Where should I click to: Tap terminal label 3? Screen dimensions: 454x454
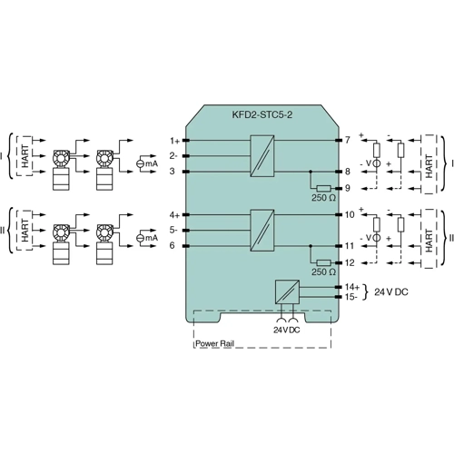(x=173, y=171)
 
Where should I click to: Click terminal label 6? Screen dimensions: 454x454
(x=173, y=245)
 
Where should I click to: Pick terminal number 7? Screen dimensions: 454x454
(x=347, y=141)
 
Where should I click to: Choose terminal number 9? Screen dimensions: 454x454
(x=347, y=187)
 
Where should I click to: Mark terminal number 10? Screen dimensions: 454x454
(x=350, y=215)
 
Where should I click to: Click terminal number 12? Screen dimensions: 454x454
(x=350, y=262)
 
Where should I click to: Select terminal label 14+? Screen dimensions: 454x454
(x=351, y=286)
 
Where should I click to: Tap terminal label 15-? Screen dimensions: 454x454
(x=351, y=297)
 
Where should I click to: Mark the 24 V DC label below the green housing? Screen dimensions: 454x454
(x=287, y=328)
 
